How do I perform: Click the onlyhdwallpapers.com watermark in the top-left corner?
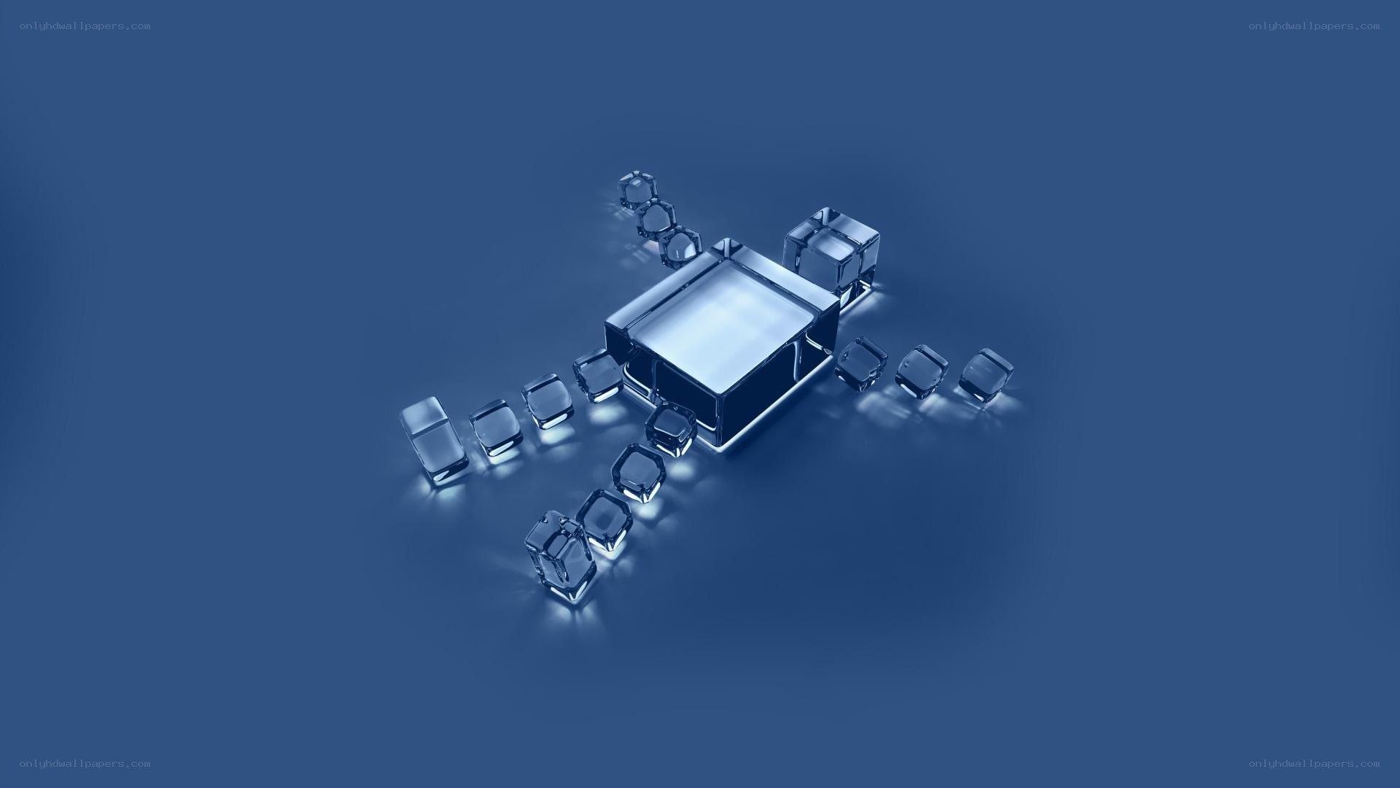[x=85, y=26]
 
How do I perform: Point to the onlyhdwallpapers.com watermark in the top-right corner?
[x=1314, y=26]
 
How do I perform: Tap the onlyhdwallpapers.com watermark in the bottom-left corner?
[x=85, y=763]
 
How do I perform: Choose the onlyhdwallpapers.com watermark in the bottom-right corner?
[x=1314, y=763]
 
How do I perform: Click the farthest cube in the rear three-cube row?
[x=637, y=190]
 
